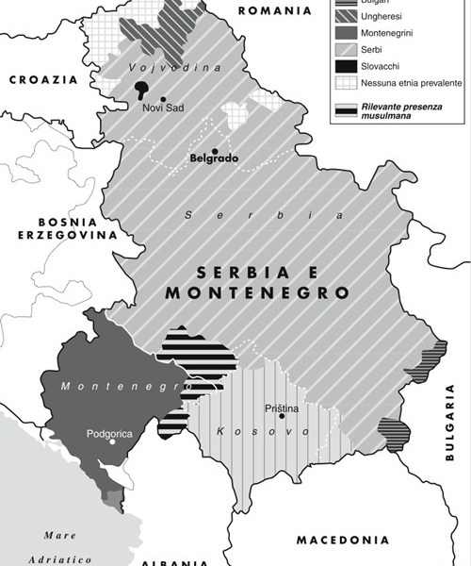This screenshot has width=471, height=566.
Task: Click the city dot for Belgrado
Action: point(215,152)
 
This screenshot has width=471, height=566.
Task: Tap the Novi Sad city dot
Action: point(164,99)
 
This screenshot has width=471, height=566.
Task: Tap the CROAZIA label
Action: point(41,81)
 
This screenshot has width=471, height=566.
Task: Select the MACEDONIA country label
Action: point(342,541)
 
